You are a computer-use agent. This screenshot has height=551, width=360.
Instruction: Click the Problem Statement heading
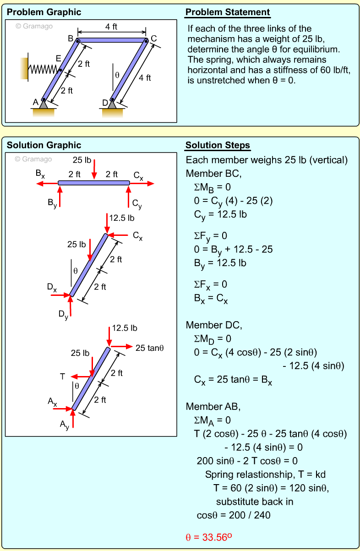coord(228,12)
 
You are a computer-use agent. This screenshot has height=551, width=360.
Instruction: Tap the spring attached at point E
coord(44,69)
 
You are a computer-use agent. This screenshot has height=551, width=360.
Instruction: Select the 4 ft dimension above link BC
coord(111,27)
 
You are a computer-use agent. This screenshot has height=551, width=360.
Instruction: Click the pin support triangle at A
coord(44,104)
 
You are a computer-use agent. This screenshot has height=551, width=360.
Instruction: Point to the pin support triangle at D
coord(112,104)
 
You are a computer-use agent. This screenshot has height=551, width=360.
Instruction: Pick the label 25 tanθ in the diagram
coord(150,348)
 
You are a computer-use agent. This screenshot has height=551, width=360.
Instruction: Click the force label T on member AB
coord(62,376)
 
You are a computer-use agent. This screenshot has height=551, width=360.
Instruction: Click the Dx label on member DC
coord(52,288)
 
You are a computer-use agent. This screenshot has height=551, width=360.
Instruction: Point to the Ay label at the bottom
coord(64,425)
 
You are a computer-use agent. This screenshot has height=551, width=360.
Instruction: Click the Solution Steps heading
coord(218,146)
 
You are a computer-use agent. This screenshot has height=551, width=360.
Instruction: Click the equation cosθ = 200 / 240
coord(234,515)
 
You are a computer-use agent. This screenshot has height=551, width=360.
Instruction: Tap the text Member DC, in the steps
coord(213,325)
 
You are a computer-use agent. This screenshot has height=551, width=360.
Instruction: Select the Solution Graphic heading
coord(44,146)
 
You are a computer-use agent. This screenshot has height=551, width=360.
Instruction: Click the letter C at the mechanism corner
coord(153,38)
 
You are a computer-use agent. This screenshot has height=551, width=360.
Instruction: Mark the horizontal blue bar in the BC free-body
coord(94,183)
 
